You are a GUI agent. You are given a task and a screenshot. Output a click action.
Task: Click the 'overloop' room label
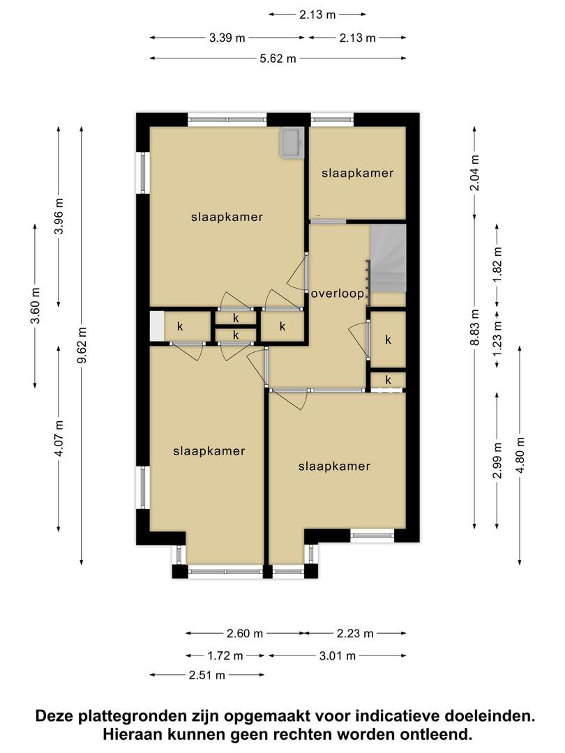338,294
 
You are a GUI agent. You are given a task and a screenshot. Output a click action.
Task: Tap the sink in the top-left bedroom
292,143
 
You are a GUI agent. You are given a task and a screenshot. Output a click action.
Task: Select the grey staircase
389,259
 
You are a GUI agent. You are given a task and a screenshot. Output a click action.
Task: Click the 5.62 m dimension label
278,59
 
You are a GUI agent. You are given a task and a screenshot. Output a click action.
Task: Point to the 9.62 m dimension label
82,345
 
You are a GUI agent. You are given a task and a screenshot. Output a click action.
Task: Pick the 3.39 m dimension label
227,38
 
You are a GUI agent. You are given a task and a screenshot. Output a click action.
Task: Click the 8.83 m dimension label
475,327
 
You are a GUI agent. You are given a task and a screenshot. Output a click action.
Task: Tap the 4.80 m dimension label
520,455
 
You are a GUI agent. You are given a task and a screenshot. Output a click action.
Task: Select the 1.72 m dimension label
225,655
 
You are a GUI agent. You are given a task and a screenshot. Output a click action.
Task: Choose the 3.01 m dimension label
338,655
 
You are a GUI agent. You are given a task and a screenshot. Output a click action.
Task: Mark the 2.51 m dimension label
207,675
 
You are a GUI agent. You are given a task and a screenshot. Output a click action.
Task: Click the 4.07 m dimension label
59,439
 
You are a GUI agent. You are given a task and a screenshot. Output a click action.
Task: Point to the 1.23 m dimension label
497,339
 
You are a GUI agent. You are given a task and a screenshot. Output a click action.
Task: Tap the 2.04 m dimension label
475,173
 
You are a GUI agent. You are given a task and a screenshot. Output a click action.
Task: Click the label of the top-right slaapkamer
357,174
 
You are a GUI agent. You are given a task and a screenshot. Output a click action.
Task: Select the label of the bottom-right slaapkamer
334,466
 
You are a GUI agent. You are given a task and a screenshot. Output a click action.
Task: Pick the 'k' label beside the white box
180,326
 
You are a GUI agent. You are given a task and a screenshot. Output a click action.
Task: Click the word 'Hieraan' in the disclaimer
132,734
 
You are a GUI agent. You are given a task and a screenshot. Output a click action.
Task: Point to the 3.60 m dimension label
35,305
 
